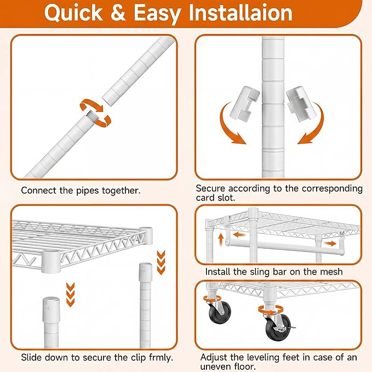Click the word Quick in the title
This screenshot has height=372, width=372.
point(73,13)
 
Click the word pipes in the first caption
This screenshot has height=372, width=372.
point(87,191)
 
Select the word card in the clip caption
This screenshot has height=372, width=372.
point(205,198)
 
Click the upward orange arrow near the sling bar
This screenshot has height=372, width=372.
point(221,239)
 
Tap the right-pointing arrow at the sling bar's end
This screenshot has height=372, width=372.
point(330,243)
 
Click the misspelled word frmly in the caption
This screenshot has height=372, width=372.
point(161,358)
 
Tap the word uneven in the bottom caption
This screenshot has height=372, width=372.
point(216,367)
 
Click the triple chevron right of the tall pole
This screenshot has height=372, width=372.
point(161,262)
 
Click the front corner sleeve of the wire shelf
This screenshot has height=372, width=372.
point(51,261)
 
